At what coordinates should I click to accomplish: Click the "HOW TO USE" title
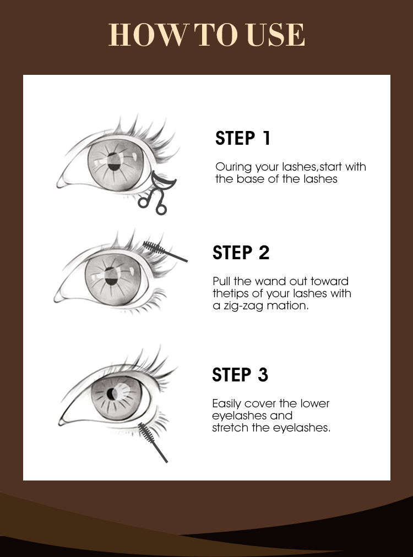coord(206,35)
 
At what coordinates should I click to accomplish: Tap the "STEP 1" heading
coord(243,138)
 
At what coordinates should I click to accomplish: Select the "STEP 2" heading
coord(241,253)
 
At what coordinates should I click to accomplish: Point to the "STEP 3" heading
coord(240,375)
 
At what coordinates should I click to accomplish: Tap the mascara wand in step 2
coord(165,251)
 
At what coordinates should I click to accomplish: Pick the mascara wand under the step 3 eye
coord(152,442)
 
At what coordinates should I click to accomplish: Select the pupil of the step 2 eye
coord(111,276)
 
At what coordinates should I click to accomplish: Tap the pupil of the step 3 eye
coord(111,394)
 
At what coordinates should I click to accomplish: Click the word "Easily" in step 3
coord(227,404)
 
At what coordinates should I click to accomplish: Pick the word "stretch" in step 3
coord(230,428)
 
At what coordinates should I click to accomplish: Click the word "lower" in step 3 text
coord(314,403)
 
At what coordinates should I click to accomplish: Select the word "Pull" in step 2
coord(221,281)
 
